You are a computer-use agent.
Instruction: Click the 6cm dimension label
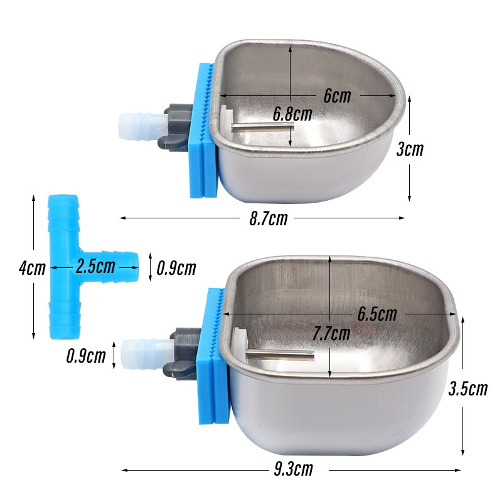[x=337, y=96]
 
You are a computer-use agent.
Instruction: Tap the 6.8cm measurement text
[x=292, y=114]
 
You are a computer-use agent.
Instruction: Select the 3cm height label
[x=410, y=149]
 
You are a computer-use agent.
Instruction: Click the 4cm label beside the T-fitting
[x=32, y=268]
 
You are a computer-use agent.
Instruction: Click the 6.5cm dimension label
[x=376, y=313]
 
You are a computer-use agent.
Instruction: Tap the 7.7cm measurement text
[x=331, y=334]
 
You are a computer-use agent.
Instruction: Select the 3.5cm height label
[x=468, y=389]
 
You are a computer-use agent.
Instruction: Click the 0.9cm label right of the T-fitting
[x=176, y=269]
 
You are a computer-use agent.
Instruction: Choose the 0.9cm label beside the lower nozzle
[x=86, y=356]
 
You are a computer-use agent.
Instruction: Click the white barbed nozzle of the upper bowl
[x=135, y=125]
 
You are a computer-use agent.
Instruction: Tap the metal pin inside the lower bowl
[x=279, y=356]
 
